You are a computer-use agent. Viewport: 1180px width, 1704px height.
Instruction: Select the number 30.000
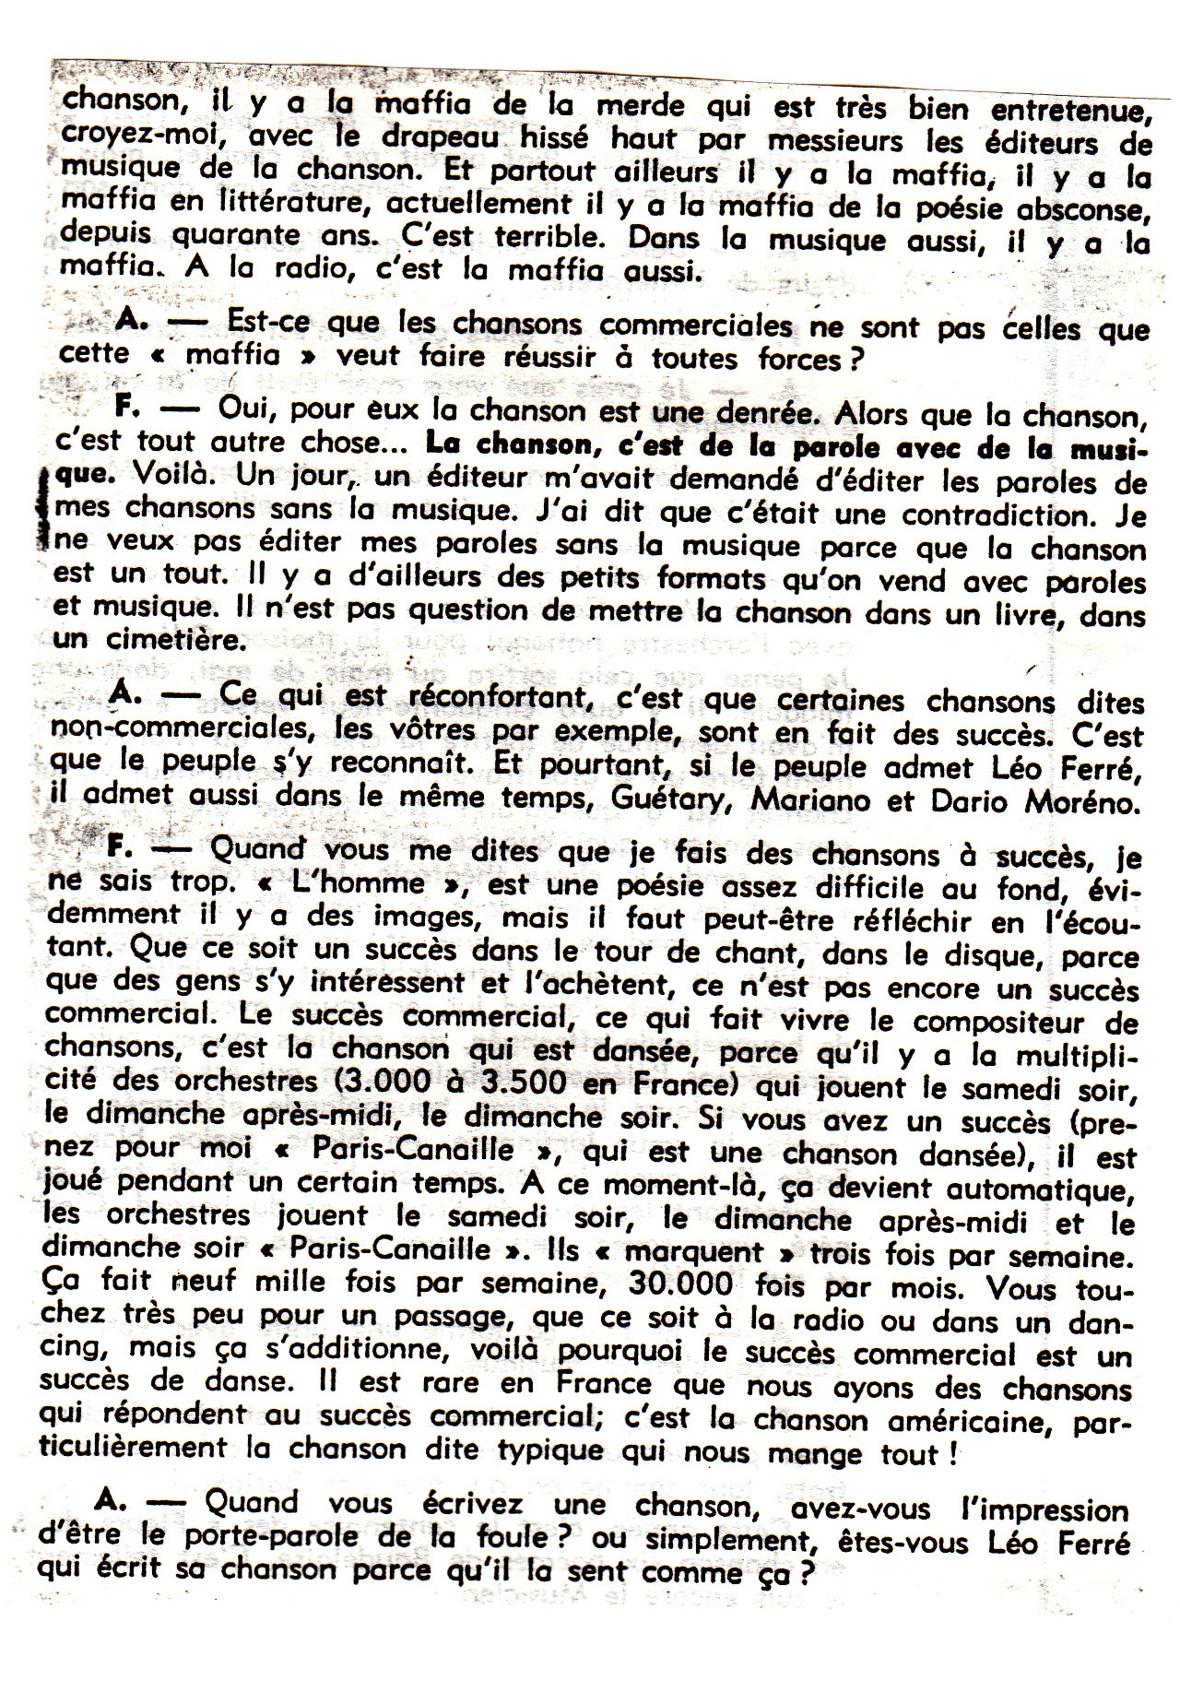pyautogui.click(x=681, y=1283)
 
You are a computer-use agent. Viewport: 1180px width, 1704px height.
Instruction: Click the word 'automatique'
pyautogui.click(x=1044, y=1191)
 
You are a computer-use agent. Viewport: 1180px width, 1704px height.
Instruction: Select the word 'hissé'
pyautogui.click(x=561, y=138)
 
